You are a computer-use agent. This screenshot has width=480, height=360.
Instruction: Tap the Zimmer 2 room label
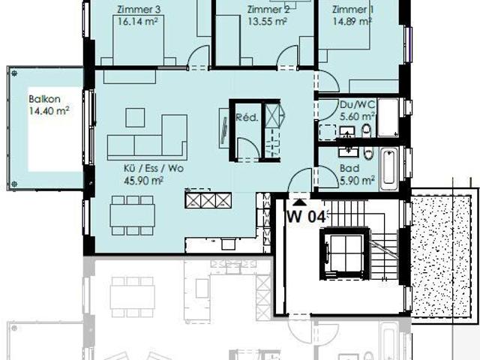268,10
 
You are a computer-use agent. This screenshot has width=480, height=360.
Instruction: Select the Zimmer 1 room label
352,10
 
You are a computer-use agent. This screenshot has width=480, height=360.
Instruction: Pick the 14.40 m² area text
49,111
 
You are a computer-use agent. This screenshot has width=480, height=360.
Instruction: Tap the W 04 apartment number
306,217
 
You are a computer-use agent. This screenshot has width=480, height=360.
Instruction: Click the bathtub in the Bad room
388,169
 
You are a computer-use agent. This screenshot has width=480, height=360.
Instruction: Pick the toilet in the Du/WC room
366,131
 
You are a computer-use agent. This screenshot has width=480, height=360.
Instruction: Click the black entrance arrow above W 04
300,201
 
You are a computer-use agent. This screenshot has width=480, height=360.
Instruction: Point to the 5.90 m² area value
358,181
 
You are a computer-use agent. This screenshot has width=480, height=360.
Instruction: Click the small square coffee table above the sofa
135,117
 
